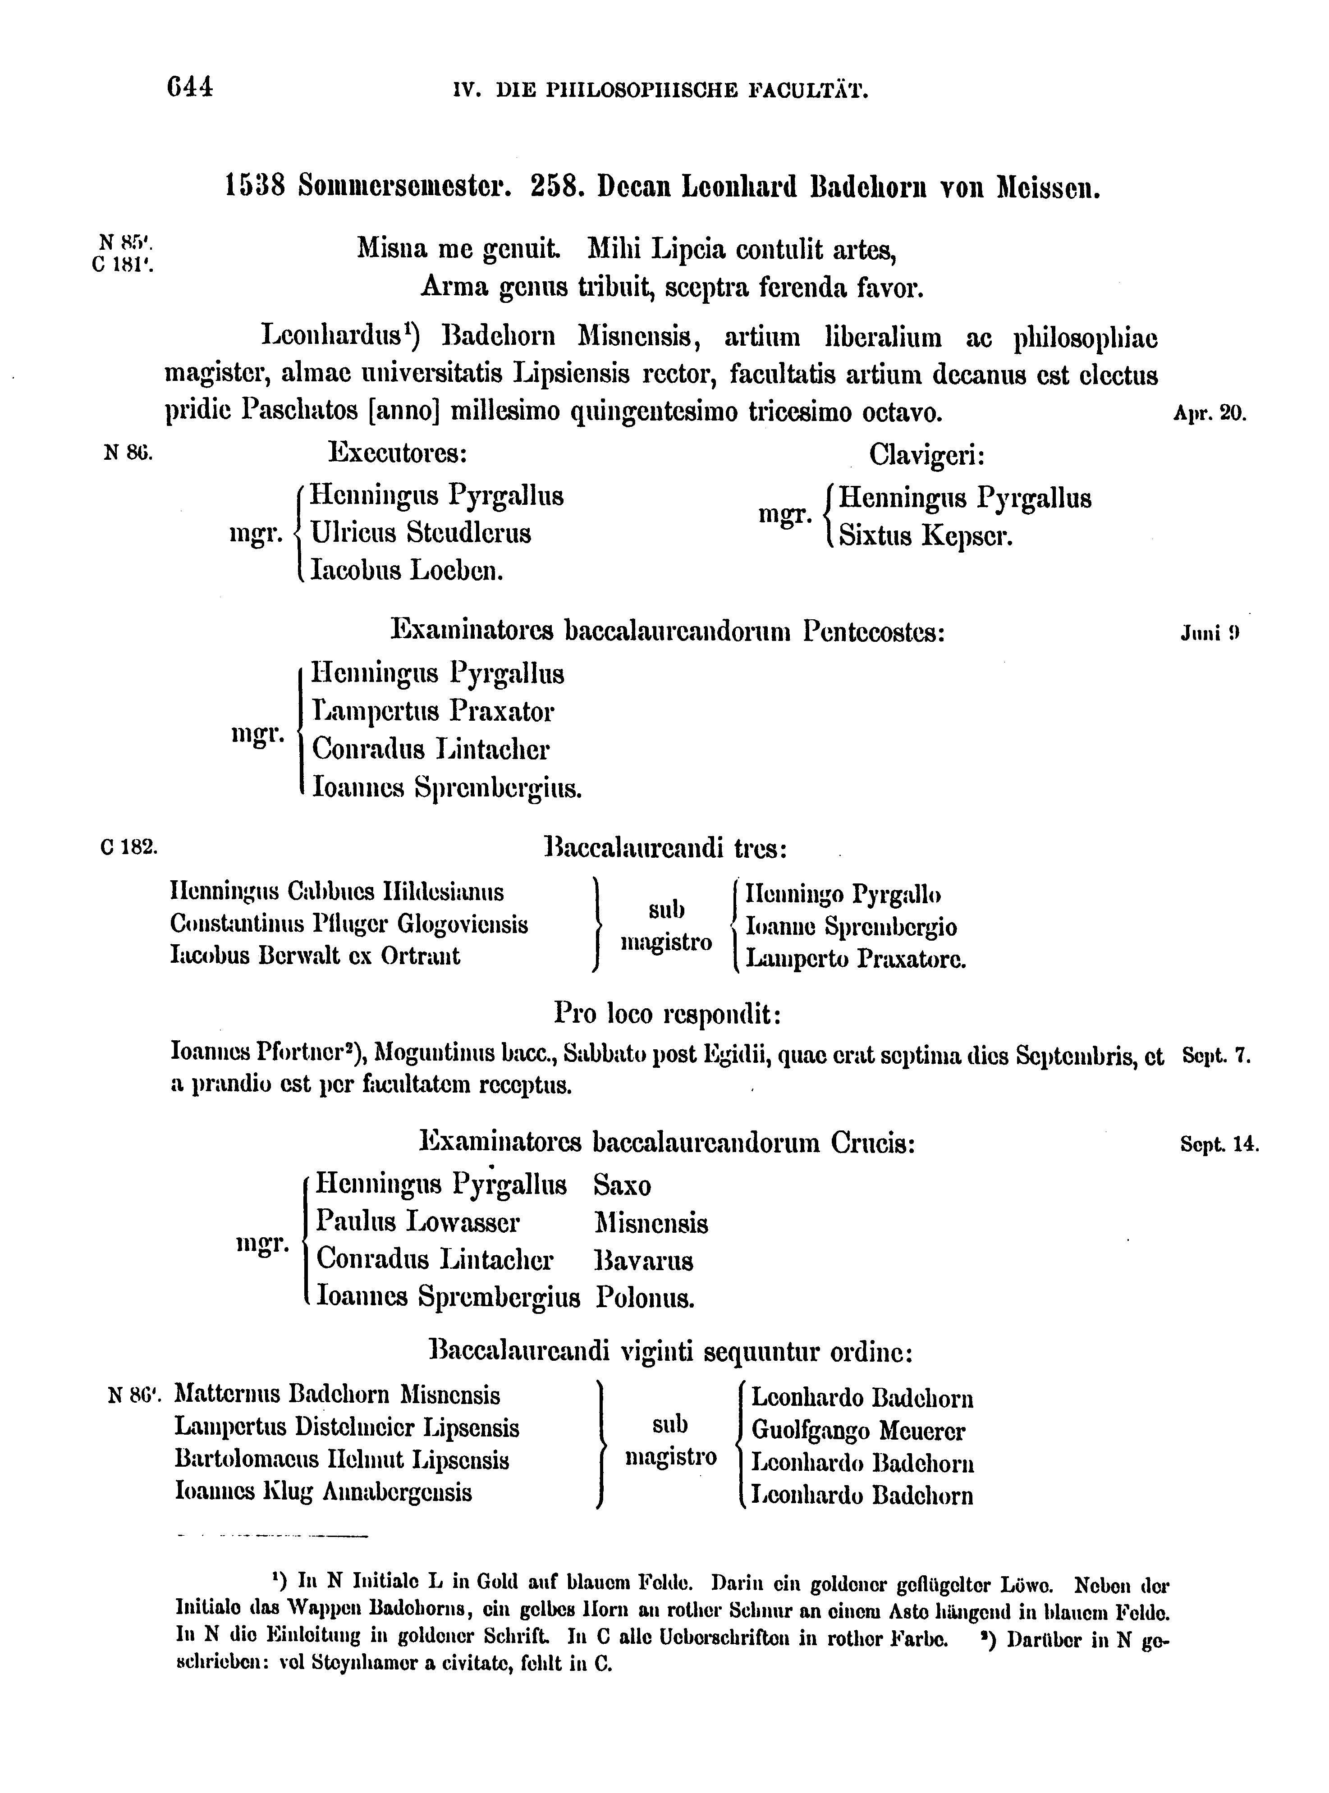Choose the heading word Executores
[x=398, y=454]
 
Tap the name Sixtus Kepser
[x=925, y=536]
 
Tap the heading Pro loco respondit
[x=668, y=1014]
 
